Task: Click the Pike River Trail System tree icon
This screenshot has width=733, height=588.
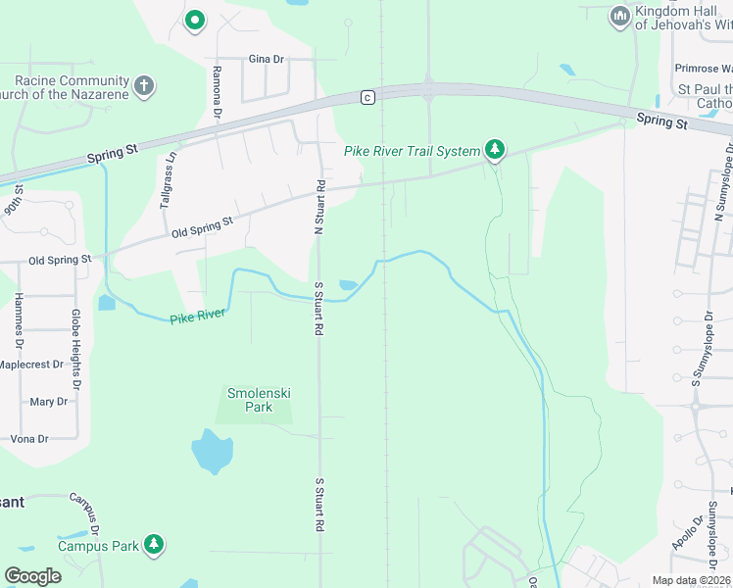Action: pos(496,150)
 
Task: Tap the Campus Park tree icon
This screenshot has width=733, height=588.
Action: pos(153,545)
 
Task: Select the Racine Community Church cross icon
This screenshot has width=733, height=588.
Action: pos(144,85)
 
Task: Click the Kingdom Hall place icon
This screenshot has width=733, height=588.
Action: pos(619,17)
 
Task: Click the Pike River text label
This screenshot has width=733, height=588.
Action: pos(198,316)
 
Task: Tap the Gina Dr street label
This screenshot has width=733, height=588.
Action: pos(266,59)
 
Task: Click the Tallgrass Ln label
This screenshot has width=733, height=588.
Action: pos(169,180)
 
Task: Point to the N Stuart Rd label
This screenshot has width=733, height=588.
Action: pos(318,208)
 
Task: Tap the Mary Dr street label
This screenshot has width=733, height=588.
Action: pos(48,402)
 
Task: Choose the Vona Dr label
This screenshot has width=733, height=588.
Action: pos(29,439)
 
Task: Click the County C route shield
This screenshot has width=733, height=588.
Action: pos(366,96)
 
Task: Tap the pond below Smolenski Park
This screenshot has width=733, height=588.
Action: pos(212,451)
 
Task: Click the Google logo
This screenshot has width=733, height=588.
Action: pos(32,576)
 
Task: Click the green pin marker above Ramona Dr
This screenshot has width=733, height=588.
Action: pos(195,20)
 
